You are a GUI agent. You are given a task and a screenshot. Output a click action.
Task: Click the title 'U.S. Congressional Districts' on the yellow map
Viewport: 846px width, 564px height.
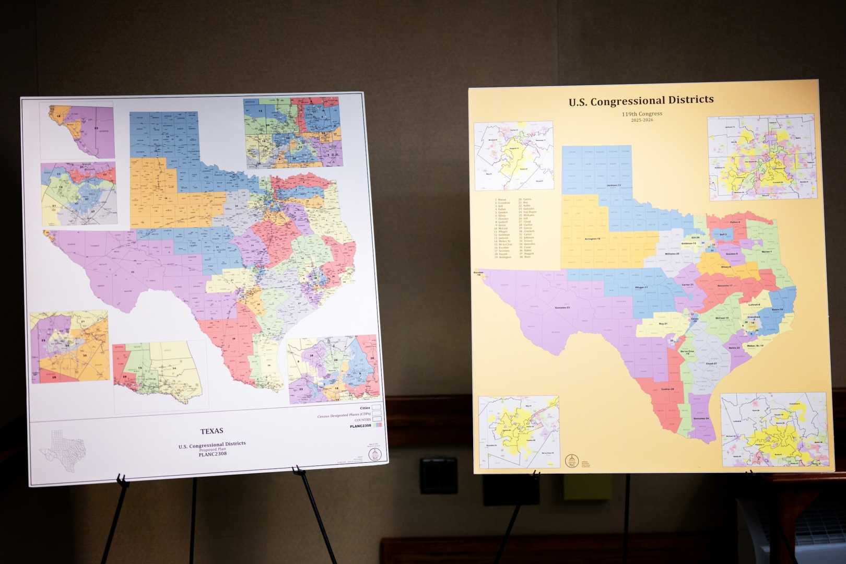pos(641,100)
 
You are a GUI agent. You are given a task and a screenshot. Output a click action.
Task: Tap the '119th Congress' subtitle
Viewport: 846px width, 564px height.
pos(642,114)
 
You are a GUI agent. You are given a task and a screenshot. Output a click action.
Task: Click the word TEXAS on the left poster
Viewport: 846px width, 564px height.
pos(211,431)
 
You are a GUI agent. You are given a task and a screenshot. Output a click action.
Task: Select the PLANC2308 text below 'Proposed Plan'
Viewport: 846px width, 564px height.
pos(213,454)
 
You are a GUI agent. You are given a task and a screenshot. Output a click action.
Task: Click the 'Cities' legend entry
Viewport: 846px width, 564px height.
pos(365,408)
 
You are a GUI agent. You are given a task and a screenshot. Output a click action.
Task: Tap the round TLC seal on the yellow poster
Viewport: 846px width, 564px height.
pos(572,461)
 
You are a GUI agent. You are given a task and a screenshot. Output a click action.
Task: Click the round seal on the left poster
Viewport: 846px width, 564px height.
pos(374,454)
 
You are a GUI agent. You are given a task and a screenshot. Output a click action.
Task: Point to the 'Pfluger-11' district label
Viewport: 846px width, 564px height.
pos(641,288)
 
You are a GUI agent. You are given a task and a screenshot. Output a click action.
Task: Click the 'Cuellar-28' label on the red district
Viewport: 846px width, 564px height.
pos(668,389)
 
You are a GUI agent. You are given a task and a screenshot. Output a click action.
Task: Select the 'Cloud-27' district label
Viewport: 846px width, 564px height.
pos(711,363)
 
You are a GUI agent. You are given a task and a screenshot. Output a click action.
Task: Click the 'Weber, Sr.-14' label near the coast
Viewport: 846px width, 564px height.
pos(755,346)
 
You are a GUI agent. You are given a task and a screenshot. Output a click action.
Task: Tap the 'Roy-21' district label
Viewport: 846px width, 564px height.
pos(663,324)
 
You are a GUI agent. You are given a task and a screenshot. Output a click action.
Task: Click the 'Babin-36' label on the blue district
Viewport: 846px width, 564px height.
pos(777,309)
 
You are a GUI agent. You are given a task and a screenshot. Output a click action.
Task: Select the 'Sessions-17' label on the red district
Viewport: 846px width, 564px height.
pos(725,286)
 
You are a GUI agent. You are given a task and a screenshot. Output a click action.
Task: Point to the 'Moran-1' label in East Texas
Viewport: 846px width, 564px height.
pos(767,252)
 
